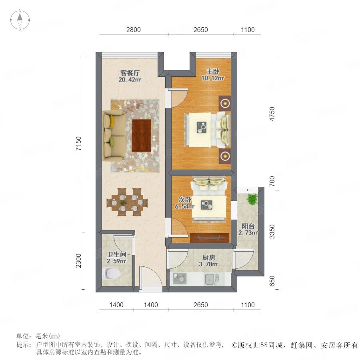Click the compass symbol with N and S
coord(20,20)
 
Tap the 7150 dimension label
coord(79,144)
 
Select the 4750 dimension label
coord(272,114)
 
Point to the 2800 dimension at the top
coord(133,30)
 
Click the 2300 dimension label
coord(79,260)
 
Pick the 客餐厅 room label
coord(130,73)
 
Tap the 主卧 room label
coord(213,72)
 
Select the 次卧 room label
coord(185,200)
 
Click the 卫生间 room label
coord(117,254)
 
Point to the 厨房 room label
coord(208,258)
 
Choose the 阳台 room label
coord(248,226)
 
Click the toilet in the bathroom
coord(111,273)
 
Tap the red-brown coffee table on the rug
coord(141,136)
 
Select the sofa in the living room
coord(114,135)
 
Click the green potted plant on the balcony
coord(252,198)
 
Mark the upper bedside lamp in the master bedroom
coord(225,103)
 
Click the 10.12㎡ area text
coord(213,78)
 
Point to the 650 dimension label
coord(272,281)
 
